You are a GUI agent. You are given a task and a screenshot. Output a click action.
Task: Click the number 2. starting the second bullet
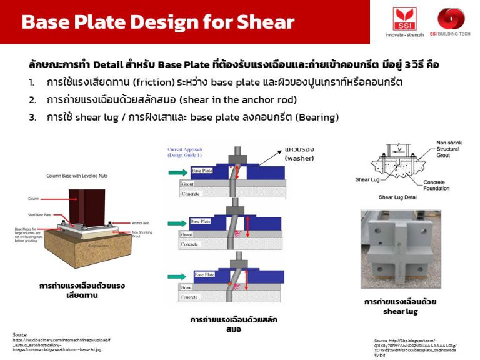32,100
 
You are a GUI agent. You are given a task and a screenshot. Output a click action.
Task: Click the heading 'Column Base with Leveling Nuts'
74,176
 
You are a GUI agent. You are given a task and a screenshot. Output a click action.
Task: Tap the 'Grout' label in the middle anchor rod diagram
187,234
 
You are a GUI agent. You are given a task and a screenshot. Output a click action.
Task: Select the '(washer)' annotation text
300,158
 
